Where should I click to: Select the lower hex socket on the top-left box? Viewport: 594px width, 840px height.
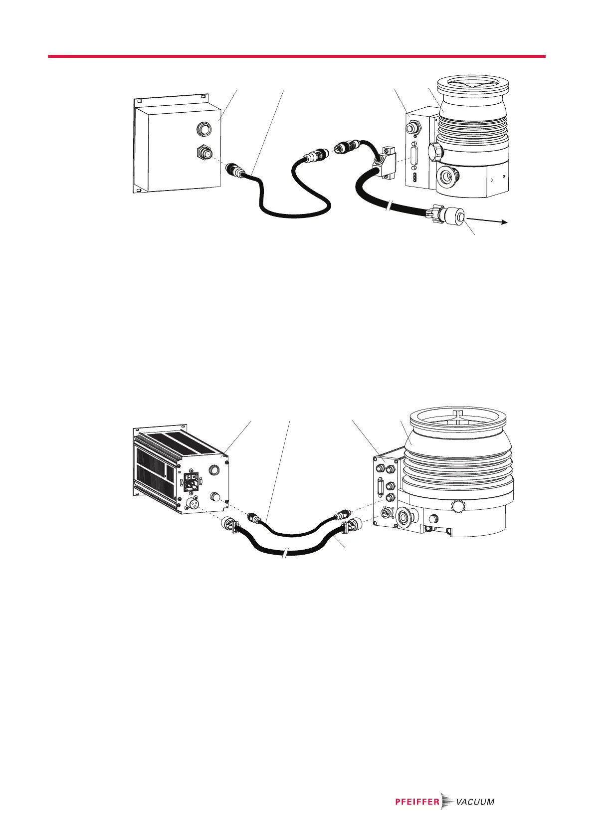point(202,151)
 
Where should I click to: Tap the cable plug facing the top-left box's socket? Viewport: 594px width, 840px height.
point(234,170)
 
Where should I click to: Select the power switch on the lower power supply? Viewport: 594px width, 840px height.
point(192,480)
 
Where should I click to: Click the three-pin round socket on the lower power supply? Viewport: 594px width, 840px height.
point(193,504)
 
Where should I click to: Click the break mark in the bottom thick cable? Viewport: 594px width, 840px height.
point(285,554)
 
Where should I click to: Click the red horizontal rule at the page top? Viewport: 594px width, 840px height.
point(297,56)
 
